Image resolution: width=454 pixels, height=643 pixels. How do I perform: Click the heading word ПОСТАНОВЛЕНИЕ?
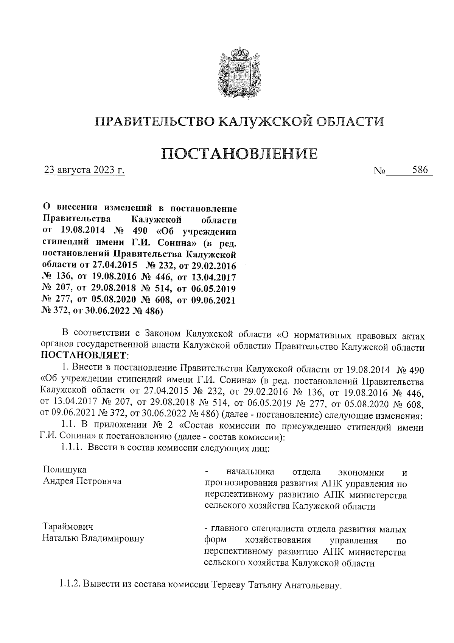tap(239, 153)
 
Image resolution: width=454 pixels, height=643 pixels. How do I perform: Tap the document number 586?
tap(420, 170)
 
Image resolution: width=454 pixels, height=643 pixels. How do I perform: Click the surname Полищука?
tap(64, 470)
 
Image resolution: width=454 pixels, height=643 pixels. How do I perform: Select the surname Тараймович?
tap(68, 527)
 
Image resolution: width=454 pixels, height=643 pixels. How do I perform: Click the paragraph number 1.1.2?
tap(70, 585)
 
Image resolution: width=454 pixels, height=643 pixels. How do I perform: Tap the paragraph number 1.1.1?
tap(72, 448)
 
